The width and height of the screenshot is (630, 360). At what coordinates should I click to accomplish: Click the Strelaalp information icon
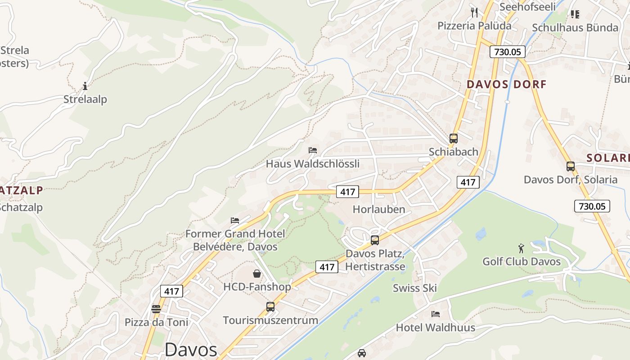coord(85,85)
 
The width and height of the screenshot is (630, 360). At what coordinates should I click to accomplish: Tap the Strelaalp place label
coord(85,99)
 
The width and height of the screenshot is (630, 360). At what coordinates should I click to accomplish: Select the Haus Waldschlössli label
coord(313,163)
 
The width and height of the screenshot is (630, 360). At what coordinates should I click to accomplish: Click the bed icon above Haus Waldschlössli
coord(313,150)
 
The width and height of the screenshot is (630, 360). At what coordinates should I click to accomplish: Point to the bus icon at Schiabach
coord(453,138)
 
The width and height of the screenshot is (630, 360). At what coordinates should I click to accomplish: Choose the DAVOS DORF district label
coord(506,84)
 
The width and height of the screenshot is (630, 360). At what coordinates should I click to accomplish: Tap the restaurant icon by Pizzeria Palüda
coord(474,12)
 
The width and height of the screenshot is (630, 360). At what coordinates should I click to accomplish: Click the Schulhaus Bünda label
coord(575,27)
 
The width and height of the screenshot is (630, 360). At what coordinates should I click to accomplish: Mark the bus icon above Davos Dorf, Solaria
coord(571,166)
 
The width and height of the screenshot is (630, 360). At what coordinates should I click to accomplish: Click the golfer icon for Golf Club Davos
coord(521,248)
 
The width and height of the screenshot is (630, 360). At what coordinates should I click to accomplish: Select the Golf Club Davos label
coord(522,261)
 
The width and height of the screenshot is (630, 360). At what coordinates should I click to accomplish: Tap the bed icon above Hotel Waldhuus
coord(435,314)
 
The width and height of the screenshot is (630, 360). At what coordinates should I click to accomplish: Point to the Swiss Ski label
coord(414,288)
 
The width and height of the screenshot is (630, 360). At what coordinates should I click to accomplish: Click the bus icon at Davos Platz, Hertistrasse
coord(375,240)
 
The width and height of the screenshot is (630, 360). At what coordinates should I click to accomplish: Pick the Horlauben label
coord(379,209)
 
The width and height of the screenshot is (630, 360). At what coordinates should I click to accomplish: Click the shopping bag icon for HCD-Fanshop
coord(256,273)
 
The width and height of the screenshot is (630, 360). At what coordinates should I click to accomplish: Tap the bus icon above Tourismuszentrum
coord(270,306)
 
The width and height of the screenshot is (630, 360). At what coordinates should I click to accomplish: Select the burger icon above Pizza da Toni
coord(156,309)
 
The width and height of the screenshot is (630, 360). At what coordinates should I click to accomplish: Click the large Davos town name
coord(191,350)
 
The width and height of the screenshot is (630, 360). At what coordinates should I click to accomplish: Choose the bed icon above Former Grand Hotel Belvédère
coord(235,220)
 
